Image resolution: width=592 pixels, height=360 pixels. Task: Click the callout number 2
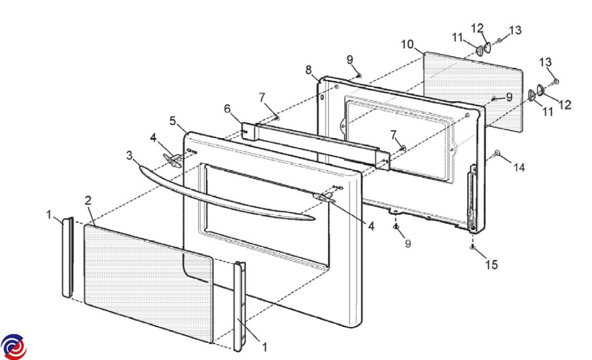click(88, 200)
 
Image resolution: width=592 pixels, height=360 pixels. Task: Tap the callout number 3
click(129, 156)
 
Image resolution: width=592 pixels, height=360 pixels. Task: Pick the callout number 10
click(407, 44)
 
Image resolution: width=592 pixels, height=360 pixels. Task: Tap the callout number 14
click(518, 168)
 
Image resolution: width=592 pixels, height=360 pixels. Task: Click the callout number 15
click(491, 265)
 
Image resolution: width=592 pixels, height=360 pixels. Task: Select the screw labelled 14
click(497, 153)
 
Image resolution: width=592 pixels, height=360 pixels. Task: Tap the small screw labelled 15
click(473, 246)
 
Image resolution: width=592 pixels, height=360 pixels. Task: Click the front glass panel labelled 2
click(148, 281)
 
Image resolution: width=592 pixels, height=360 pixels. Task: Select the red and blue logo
click(13, 346)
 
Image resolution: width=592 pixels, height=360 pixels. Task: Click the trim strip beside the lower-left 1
click(68, 256)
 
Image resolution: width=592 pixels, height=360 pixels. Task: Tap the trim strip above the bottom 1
click(240, 306)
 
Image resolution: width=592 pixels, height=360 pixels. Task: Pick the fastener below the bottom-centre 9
click(396, 227)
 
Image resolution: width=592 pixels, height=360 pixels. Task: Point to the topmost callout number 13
click(515, 31)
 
